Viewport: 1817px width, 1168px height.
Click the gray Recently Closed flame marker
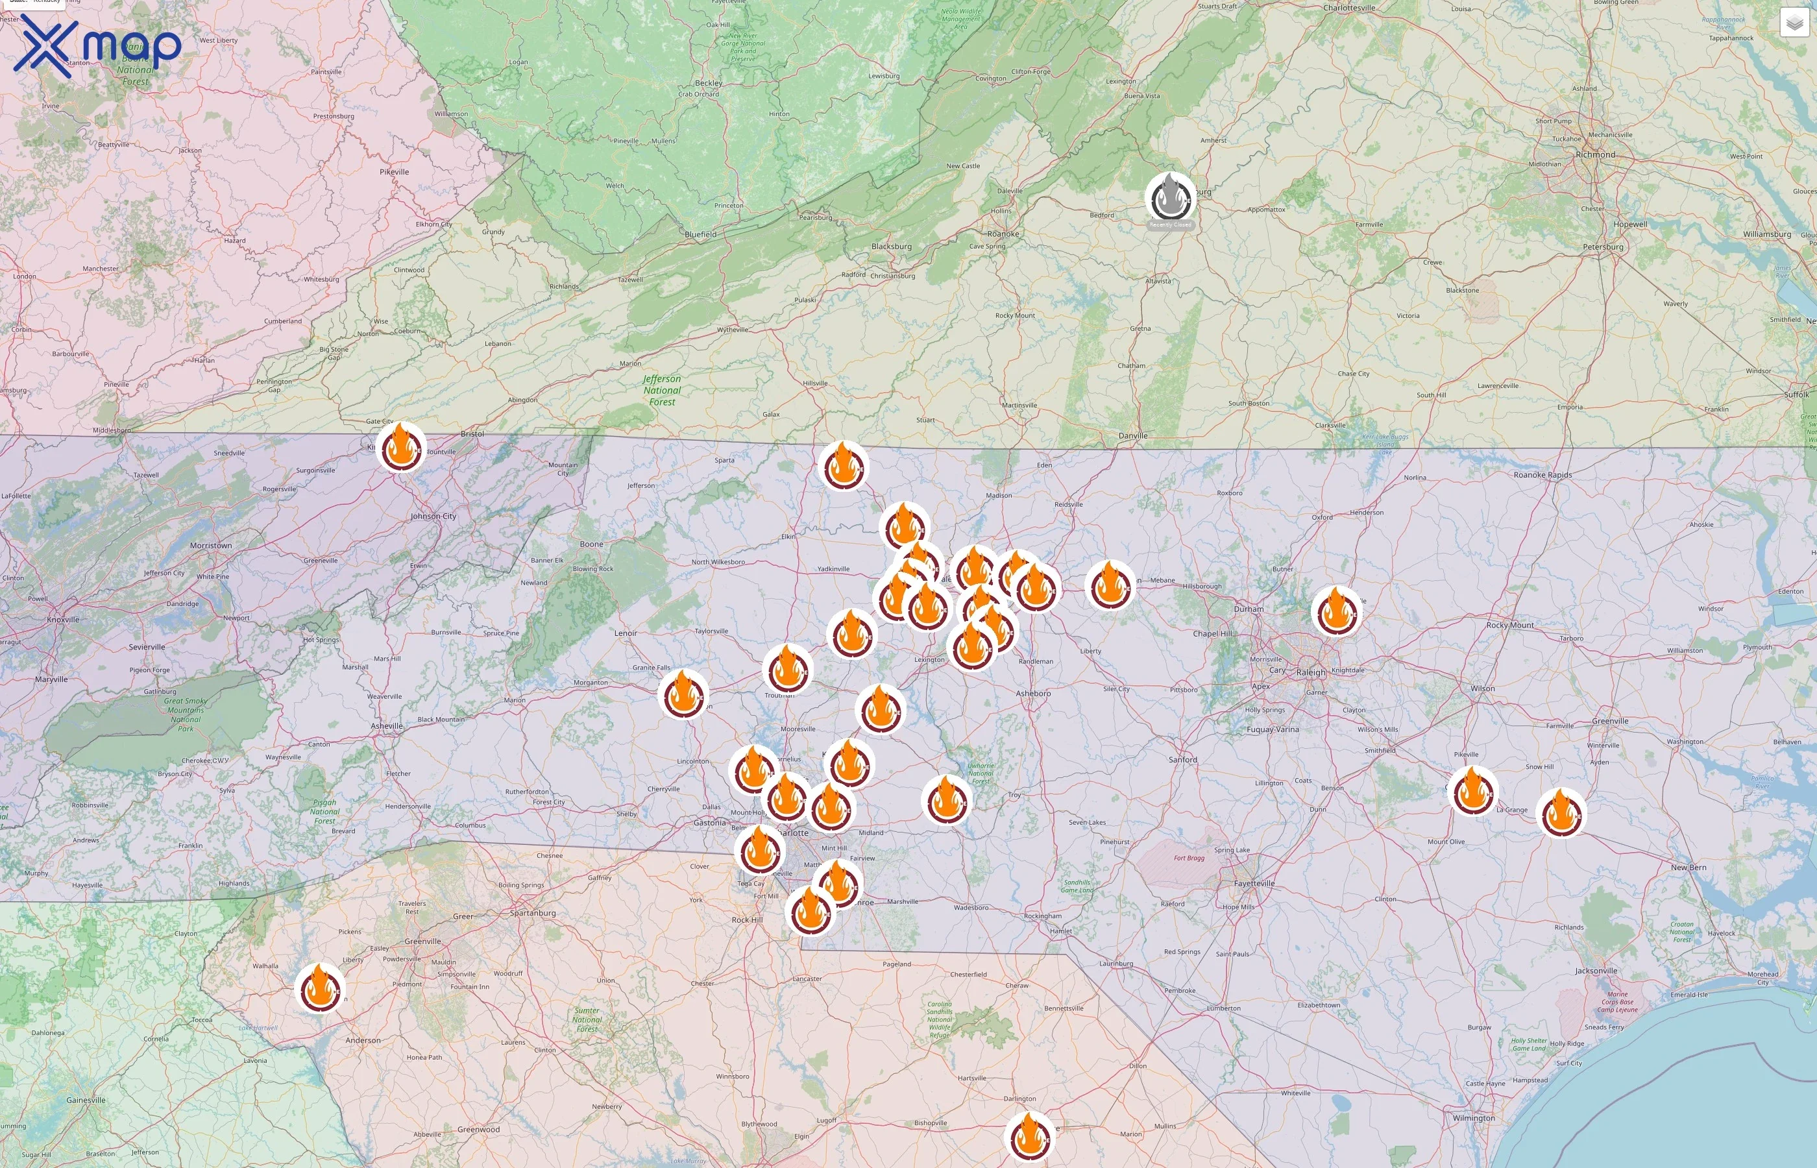[1170, 198]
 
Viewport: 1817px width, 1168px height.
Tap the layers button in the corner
[1794, 23]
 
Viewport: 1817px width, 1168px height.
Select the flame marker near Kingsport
[400, 448]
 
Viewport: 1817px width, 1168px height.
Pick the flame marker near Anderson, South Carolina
[320, 989]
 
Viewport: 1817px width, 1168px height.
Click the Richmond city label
[1595, 154]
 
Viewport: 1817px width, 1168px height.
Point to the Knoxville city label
[63, 620]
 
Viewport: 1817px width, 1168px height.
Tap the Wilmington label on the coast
[1474, 1118]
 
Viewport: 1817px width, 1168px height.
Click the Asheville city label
[387, 726]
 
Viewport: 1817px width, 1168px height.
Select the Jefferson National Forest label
[662, 390]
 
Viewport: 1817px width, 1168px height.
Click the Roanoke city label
[1003, 234]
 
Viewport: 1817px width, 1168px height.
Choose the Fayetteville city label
[1254, 884]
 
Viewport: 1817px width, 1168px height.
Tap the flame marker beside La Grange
[1561, 813]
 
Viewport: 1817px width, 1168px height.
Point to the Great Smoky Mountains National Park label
[186, 714]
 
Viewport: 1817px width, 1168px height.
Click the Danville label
[1133, 435]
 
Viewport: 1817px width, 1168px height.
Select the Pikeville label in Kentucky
[394, 172]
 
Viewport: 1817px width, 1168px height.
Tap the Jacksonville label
[1596, 971]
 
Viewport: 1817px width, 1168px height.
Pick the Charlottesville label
[1349, 8]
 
